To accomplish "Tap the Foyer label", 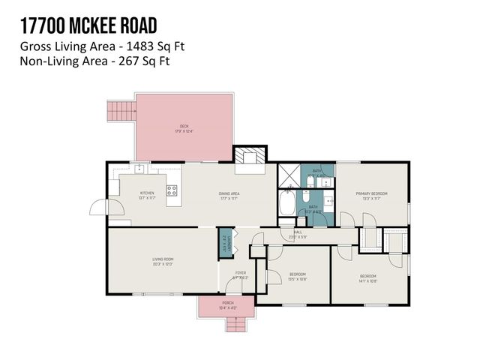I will coord(240,274).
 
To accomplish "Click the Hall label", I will coord(297,234).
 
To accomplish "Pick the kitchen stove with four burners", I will coord(172,190).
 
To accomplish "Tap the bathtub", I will coord(287,202).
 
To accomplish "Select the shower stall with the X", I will coord(289,176).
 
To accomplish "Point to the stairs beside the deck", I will coord(119,112).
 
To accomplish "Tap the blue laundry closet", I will coord(223,244).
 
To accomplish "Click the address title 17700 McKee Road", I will coord(88,27).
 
